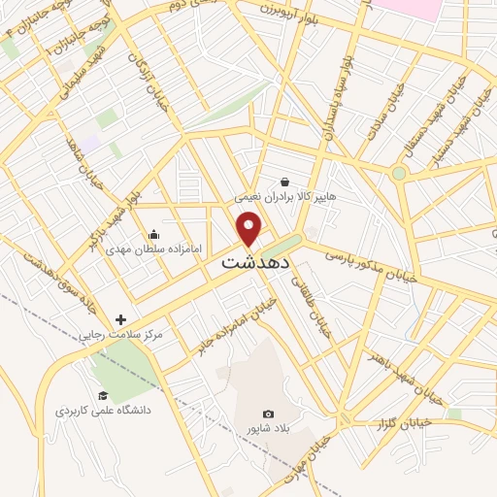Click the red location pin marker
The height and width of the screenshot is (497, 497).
(249, 229)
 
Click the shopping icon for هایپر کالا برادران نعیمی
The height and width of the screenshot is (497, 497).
(284, 181)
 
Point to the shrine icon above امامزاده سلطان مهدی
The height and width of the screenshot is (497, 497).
(153, 234)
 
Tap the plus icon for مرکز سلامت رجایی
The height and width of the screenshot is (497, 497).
(120, 319)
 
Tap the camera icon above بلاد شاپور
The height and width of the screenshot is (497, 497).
(268, 414)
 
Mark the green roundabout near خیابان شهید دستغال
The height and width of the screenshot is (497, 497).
(398, 174)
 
